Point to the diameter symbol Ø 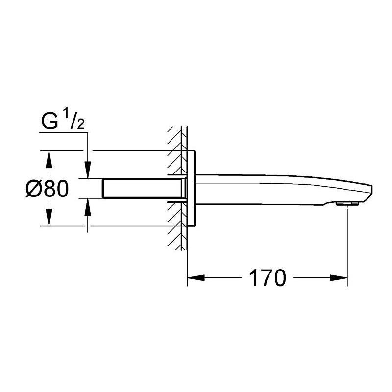tap(33, 188)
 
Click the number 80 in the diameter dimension tap(56, 188)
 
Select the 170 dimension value tap(267, 278)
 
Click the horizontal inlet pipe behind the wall tap(142, 189)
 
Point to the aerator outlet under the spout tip tap(347, 203)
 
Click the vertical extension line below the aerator tap(347, 245)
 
